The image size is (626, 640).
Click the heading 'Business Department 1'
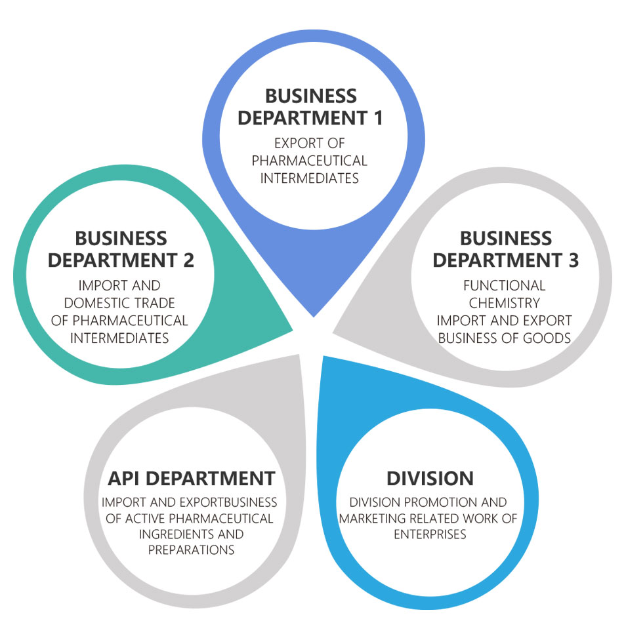click(310, 107)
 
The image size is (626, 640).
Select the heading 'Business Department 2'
click(121, 249)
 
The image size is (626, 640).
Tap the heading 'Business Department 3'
click(505, 249)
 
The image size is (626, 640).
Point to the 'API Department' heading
click(191, 477)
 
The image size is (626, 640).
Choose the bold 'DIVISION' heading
click(430, 477)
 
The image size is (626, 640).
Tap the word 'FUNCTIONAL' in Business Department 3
click(504, 286)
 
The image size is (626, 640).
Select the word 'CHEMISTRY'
click(504, 303)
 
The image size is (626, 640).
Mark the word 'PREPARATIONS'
click(191, 550)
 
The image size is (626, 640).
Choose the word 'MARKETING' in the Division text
click(371, 519)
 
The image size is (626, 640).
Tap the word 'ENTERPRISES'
click(430, 534)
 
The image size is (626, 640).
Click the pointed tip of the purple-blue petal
click(313, 315)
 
